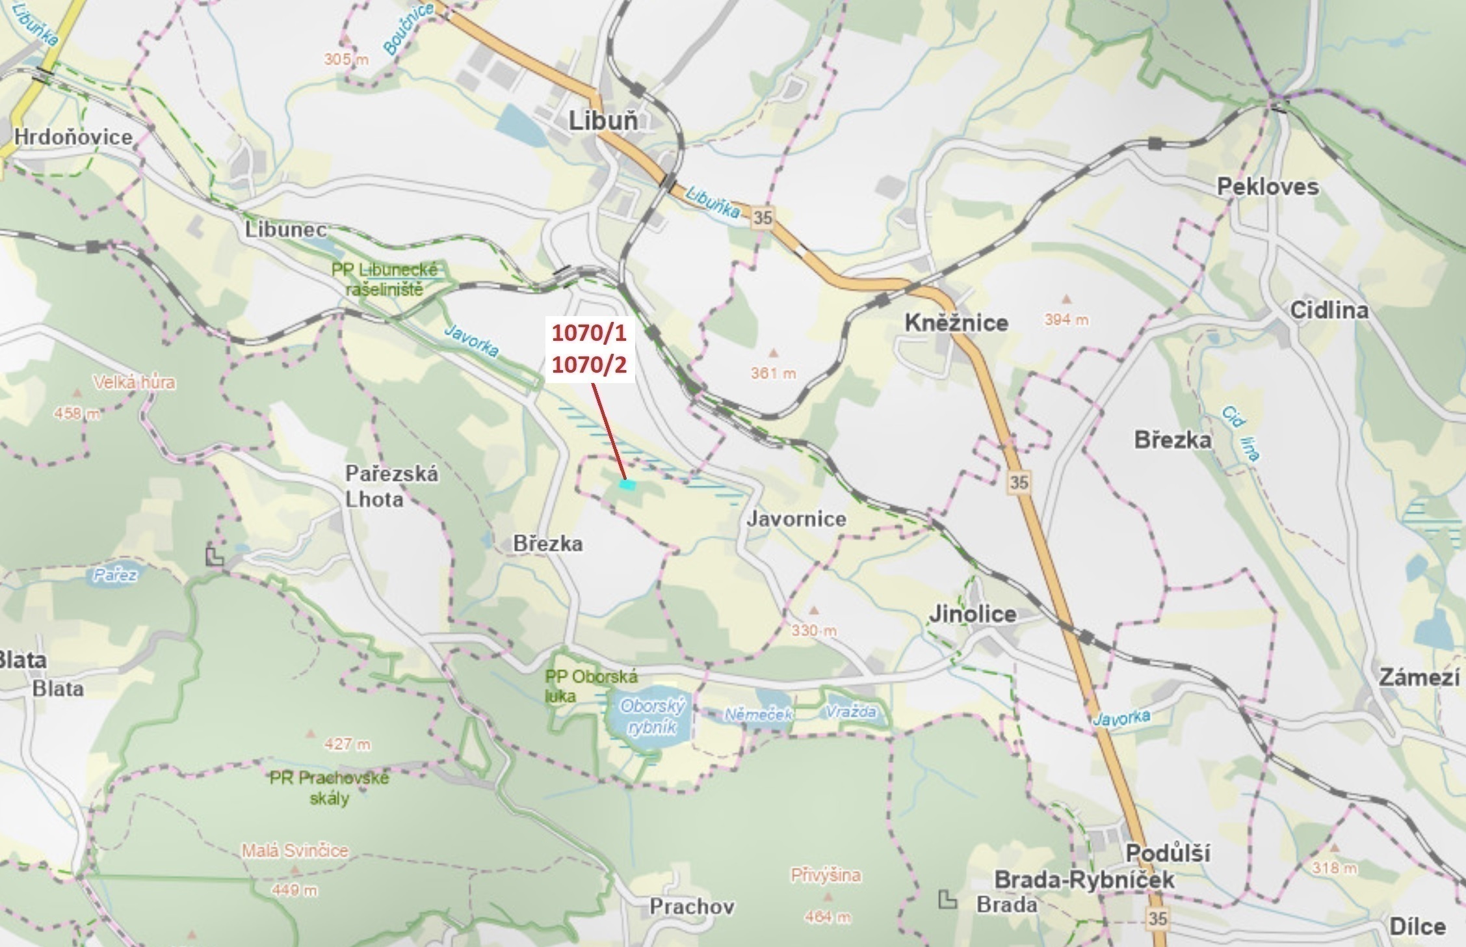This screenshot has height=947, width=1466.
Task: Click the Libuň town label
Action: click(603, 121)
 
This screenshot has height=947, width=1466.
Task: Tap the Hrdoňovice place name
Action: click(73, 137)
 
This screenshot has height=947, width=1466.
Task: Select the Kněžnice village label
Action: click(956, 323)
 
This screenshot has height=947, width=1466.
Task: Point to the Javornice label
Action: click(796, 519)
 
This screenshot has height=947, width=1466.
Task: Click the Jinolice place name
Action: click(972, 613)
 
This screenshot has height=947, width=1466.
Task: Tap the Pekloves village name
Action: click(1268, 187)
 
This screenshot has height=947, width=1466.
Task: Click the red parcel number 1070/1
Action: click(589, 334)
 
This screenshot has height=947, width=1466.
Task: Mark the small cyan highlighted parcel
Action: click(627, 484)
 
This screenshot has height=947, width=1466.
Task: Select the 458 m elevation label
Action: click(77, 413)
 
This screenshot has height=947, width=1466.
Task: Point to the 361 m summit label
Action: click(773, 373)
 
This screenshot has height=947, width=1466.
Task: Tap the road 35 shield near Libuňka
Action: click(762, 218)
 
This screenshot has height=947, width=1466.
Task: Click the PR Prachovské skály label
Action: click(330, 788)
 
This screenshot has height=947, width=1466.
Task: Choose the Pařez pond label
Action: click(114, 575)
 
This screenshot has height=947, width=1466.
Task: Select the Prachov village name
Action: click(692, 906)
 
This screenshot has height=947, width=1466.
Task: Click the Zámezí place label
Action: click(1419, 678)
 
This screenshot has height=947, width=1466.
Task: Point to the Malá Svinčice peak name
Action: click(295, 851)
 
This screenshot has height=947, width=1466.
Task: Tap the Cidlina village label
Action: click(1329, 310)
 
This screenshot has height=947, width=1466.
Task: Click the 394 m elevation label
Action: click(1066, 319)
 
